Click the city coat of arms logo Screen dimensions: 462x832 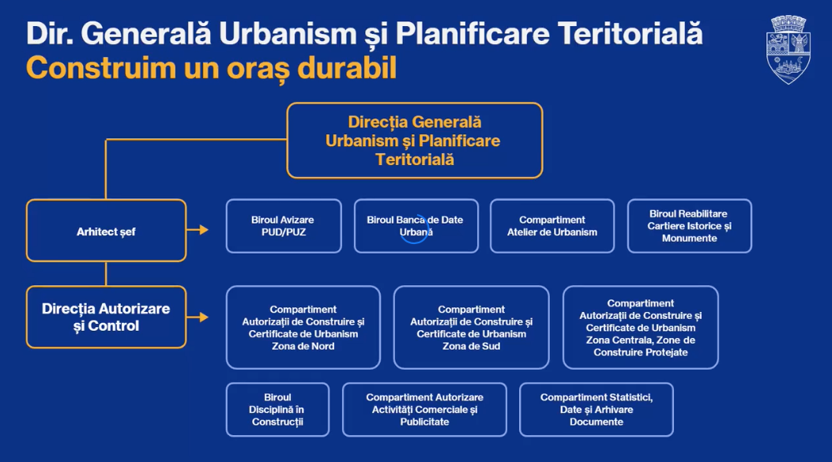coord(790,48)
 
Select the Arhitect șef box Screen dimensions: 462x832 coord(106,231)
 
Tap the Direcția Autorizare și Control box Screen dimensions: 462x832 coord(106,317)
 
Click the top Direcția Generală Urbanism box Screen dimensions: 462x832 coord(414,141)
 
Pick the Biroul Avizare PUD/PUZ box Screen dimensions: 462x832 coord(283,226)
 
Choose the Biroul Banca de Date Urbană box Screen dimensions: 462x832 coord(416,226)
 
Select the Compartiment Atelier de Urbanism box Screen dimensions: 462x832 coord(552,226)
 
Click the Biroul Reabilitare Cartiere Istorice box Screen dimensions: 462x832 coord(689,226)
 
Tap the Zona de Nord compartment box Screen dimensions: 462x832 coord(303,328)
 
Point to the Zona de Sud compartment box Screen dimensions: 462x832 coord(471,328)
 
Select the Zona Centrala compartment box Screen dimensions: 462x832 coord(640,328)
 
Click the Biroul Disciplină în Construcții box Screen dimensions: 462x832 coord(277,409)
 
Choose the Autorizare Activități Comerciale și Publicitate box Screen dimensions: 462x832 coord(424,409)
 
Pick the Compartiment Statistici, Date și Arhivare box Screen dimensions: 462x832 coord(596,409)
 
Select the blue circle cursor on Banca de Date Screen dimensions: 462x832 coord(415,230)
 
